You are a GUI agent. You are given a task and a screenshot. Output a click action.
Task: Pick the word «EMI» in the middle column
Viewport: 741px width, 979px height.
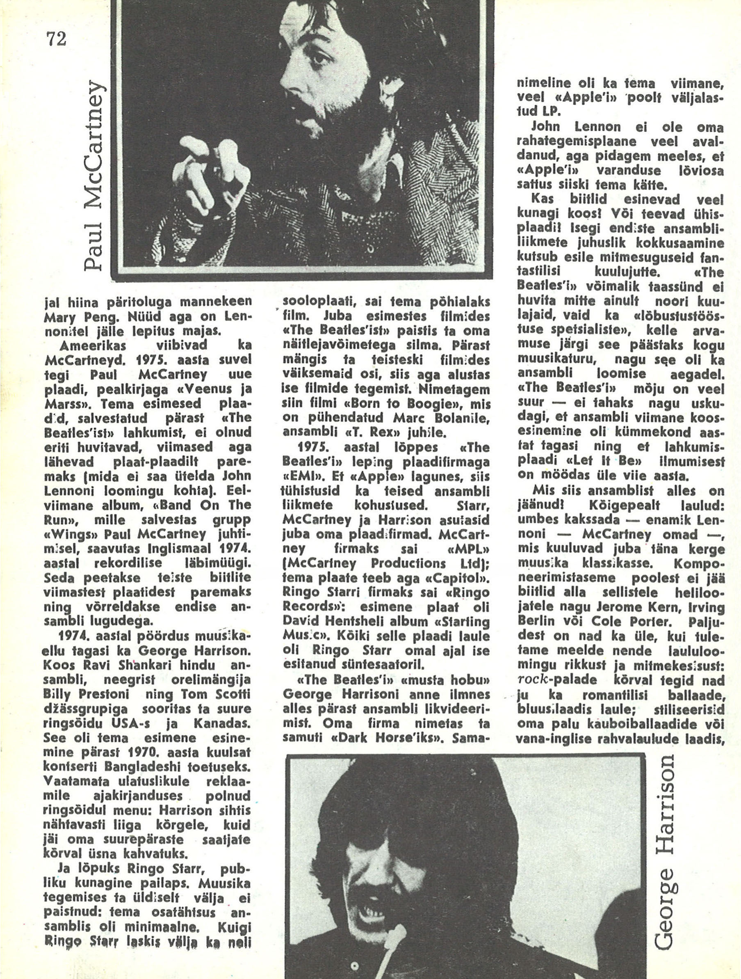[x=299, y=477]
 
